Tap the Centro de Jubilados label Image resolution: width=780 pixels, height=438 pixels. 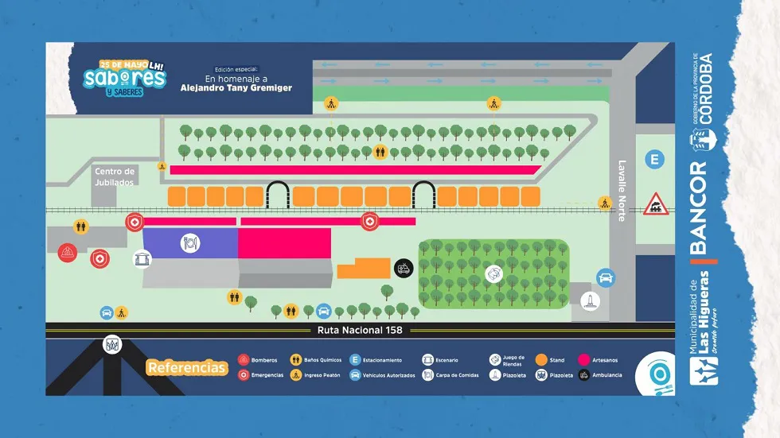115,176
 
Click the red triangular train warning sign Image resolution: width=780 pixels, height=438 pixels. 655,204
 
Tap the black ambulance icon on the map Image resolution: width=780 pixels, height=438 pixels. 404,269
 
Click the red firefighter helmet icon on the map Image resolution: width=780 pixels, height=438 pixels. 66,254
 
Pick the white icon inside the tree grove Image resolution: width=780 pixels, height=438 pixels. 494,273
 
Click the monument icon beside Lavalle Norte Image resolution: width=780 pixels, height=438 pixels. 589,301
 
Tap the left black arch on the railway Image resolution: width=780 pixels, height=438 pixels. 278,195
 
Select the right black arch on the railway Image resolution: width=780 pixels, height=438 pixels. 424,195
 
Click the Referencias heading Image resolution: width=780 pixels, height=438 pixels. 187,368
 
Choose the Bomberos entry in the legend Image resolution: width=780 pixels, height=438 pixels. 259,360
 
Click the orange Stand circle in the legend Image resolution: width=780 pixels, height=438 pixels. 541,360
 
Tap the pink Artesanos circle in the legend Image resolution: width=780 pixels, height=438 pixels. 583,360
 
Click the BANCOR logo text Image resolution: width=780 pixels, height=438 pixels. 698,207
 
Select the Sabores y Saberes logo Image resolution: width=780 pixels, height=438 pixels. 127,77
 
